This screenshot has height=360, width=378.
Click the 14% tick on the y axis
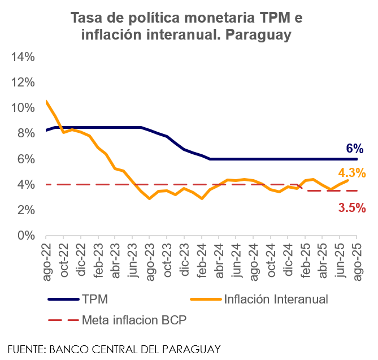point(23,57)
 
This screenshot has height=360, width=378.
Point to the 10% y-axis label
point(23,108)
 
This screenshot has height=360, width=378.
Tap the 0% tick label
point(26,236)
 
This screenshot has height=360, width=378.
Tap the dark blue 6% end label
point(354,149)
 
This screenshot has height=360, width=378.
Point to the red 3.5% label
point(352,207)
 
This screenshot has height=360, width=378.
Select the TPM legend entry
point(93,299)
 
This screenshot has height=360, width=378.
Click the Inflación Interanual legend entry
point(276,299)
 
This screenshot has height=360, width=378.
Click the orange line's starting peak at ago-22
point(46,102)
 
